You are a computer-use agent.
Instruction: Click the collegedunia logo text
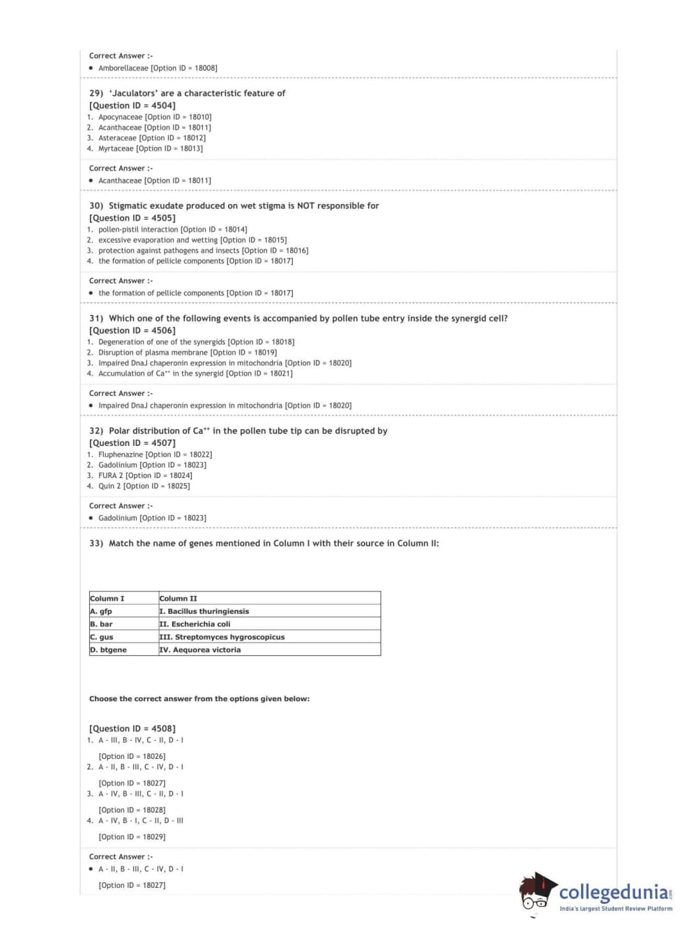(613, 892)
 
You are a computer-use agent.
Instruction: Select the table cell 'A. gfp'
(102, 611)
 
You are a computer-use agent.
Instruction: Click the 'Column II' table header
(179, 599)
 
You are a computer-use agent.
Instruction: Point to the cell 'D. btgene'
(109, 650)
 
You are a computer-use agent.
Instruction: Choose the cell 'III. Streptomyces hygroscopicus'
(222, 637)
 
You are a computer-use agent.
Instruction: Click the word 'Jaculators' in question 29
(134, 93)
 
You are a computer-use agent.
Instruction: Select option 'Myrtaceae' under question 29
(116, 148)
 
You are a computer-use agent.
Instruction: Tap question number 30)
(96, 206)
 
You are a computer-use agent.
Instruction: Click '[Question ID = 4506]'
(132, 330)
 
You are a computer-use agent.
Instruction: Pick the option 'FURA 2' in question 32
(110, 475)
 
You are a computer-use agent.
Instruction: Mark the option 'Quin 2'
(109, 486)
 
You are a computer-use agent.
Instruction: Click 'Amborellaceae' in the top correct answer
(123, 68)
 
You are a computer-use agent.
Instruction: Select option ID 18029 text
(132, 836)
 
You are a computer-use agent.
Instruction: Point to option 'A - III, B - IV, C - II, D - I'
(141, 740)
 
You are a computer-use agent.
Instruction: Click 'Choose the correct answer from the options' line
(199, 698)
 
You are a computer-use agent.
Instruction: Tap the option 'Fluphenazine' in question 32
(121, 454)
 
